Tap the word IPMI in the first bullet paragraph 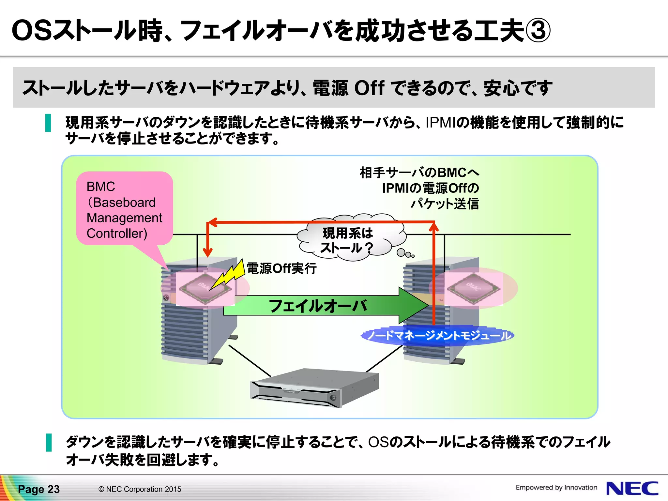point(440,122)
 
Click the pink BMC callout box point(124,209)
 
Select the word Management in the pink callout point(124,218)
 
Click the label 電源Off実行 point(281,268)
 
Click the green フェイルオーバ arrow point(318,306)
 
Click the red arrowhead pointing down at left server point(207,252)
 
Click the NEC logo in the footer point(632,488)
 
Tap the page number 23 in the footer point(53,489)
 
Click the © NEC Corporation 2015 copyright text point(140,489)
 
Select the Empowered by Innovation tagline point(556,487)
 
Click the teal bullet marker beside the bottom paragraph point(49,442)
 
